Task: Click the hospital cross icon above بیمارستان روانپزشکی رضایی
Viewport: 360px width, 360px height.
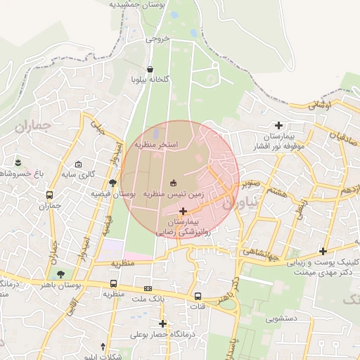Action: click(x=184, y=211)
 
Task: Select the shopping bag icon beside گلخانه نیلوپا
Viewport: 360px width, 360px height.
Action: click(x=150, y=69)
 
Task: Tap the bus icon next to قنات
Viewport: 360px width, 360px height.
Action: click(x=198, y=297)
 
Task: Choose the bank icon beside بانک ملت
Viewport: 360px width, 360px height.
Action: click(x=148, y=288)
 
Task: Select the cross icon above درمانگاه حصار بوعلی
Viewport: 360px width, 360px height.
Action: click(x=163, y=324)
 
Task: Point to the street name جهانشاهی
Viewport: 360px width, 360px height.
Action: click(x=262, y=250)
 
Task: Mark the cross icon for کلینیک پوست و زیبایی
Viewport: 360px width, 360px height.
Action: click(x=323, y=251)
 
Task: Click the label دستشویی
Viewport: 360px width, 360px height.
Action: click(x=281, y=319)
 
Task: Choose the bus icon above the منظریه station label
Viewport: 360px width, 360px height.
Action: click(x=113, y=284)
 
